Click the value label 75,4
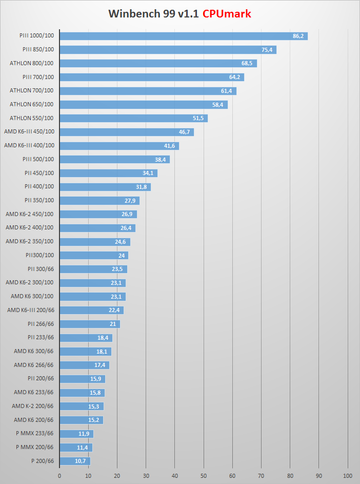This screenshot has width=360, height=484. [267, 50]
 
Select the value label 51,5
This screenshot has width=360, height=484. [198, 118]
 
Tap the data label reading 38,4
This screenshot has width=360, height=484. [161, 160]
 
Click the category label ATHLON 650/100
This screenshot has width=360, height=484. [32, 104]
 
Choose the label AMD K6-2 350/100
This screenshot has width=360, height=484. [30, 241]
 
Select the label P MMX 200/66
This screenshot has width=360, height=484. [35, 447]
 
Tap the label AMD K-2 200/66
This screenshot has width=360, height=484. [33, 406]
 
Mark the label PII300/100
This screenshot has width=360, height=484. [39, 255]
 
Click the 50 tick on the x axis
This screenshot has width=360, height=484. [204, 475]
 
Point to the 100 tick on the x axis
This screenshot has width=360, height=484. [348, 475]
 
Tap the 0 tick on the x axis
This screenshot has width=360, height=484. [59, 475]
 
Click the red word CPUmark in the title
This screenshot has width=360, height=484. [227, 14]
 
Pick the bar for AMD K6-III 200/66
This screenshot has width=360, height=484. [91, 310]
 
